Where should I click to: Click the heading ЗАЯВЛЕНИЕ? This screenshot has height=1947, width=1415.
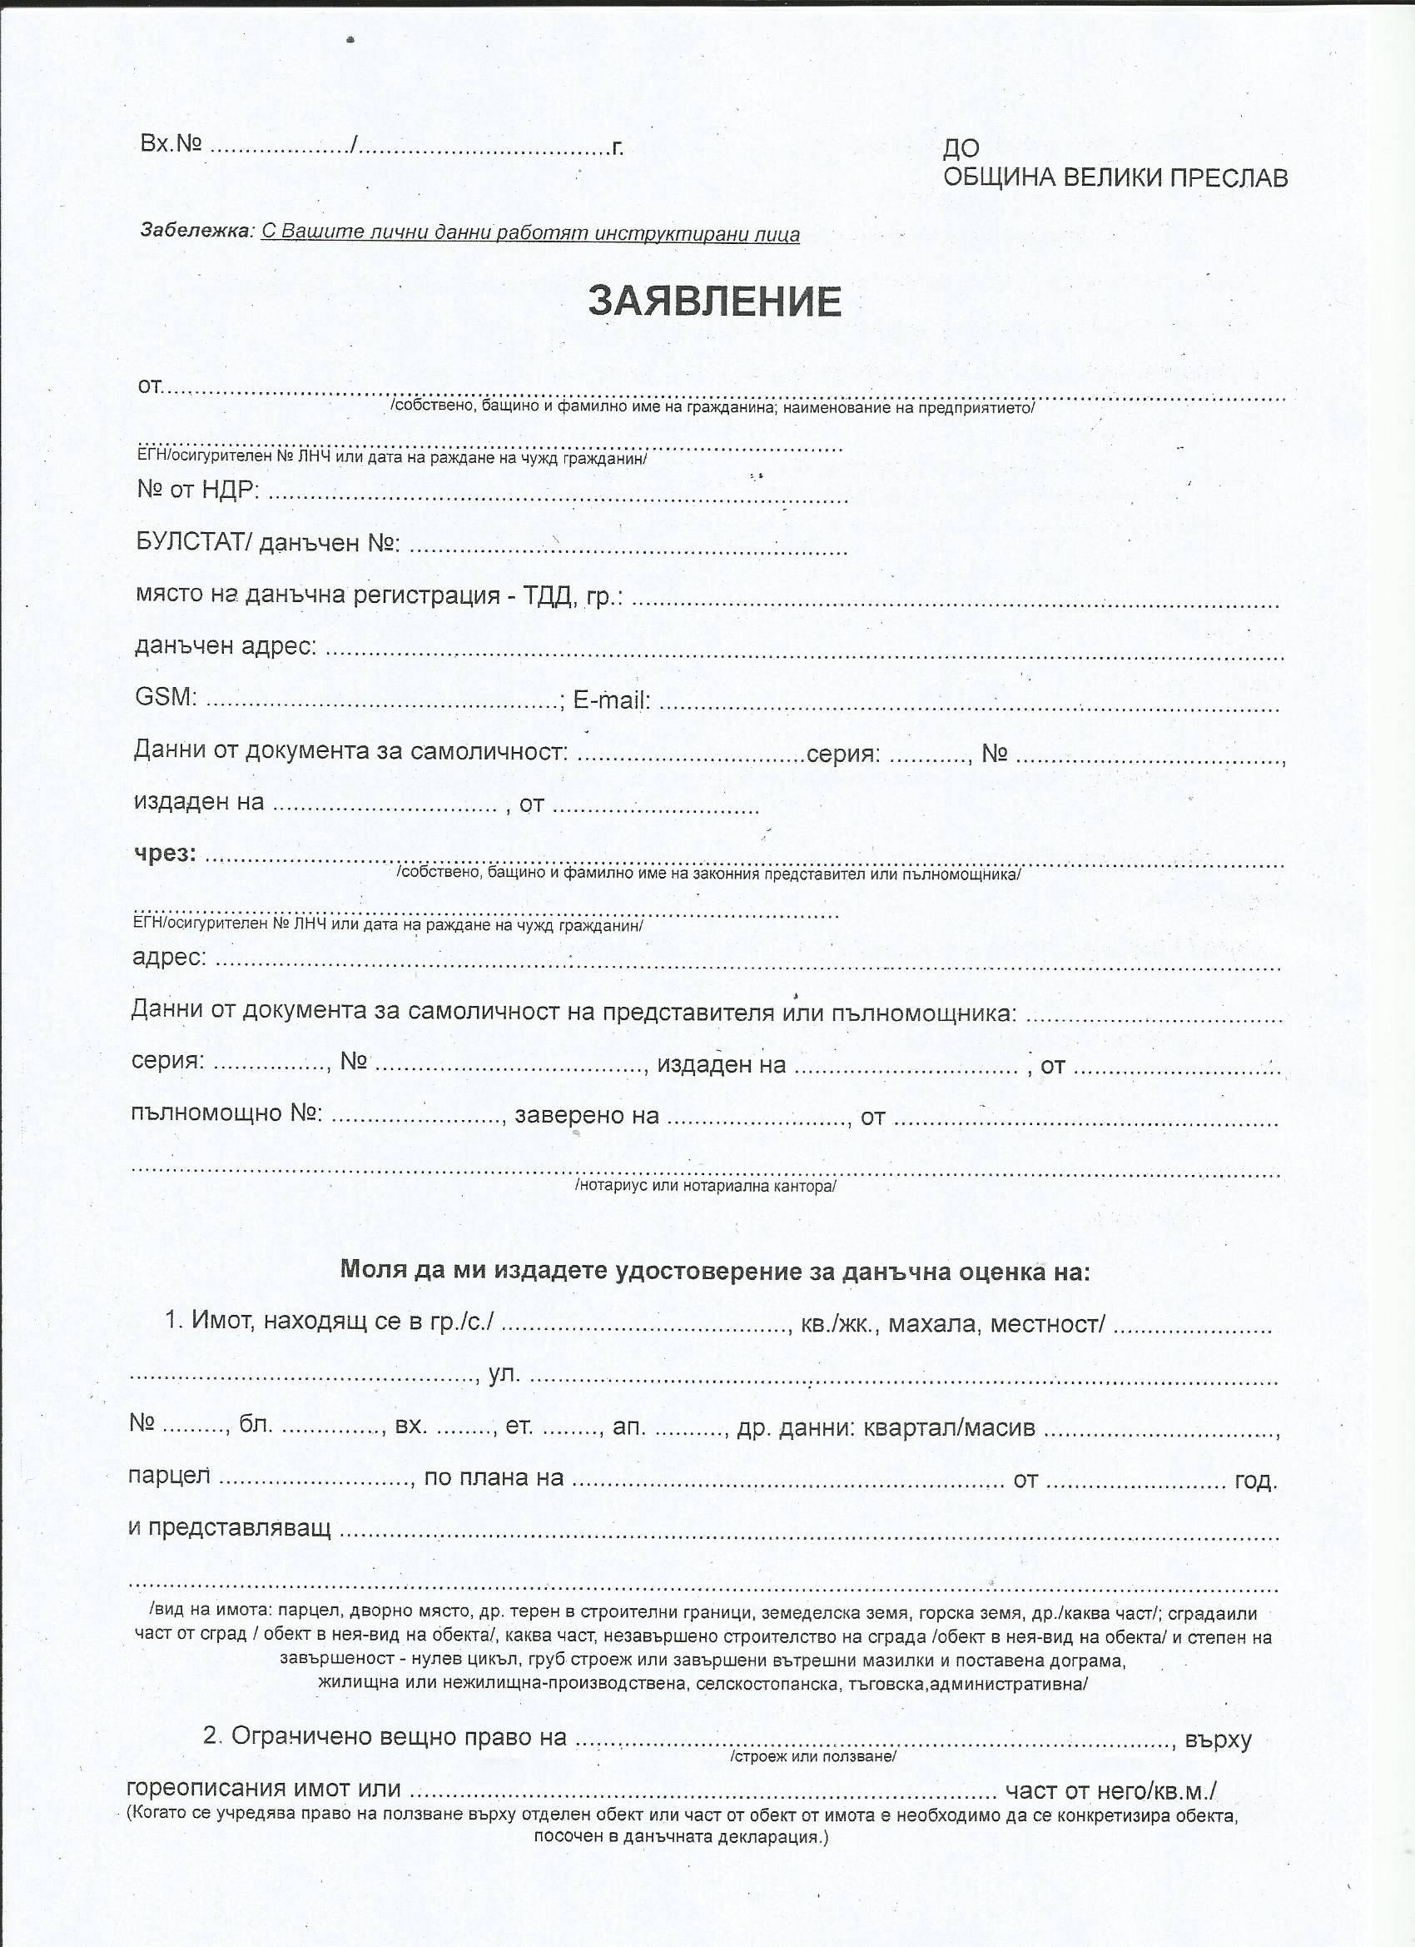coord(714,301)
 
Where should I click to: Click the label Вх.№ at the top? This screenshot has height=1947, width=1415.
coord(171,143)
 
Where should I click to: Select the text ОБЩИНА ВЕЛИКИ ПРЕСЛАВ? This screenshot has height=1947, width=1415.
coord(1115,177)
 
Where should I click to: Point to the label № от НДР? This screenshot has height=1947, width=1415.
coord(198,490)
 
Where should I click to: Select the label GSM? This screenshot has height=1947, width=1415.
coord(166,696)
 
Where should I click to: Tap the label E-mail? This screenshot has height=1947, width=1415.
coord(611,700)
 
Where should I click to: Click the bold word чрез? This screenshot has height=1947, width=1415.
coord(165,854)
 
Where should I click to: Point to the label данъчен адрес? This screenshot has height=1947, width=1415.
coord(226,645)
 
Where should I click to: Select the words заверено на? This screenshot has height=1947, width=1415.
coord(586,1115)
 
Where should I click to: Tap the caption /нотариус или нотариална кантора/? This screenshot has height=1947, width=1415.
coord(705,1186)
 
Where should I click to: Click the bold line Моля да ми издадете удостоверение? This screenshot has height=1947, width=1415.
coord(715,1271)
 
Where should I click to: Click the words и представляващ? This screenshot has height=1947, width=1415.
coord(229,1528)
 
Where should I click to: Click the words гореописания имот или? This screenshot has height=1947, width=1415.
coord(263,1789)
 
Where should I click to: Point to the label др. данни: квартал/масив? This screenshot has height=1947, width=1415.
coord(886,1427)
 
